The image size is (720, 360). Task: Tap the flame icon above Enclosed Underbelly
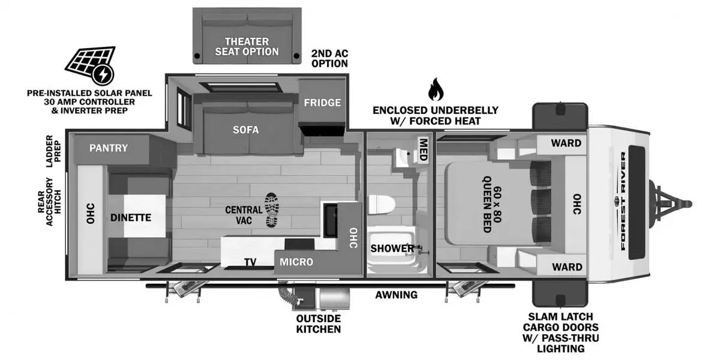[x=435, y=91]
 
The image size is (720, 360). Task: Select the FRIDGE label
[x=322, y=103]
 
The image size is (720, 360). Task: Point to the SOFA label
[x=246, y=130]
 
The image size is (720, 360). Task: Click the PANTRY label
[x=109, y=148]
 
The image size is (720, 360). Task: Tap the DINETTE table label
[x=130, y=218]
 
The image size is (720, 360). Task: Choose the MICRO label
[x=296, y=262]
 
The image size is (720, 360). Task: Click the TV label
[x=251, y=262]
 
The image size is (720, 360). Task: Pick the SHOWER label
[x=392, y=248]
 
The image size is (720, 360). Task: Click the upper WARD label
[x=566, y=143]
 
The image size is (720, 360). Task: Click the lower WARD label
[x=566, y=266]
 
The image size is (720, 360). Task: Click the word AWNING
[x=396, y=295]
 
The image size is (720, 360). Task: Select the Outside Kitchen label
[x=318, y=323]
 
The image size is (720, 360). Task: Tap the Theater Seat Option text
[x=247, y=46]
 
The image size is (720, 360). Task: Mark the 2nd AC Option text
[x=329, y=58]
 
